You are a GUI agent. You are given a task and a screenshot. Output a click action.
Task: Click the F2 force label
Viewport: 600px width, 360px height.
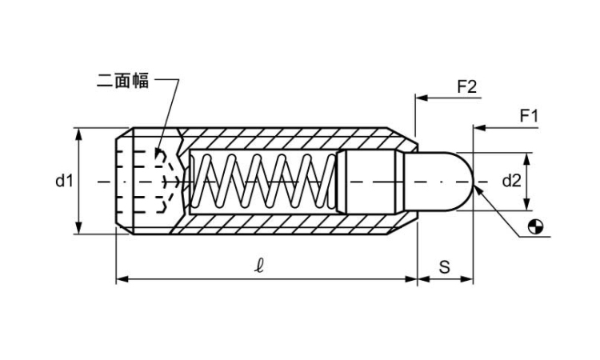466,86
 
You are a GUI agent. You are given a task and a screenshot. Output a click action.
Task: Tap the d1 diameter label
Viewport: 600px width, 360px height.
64,182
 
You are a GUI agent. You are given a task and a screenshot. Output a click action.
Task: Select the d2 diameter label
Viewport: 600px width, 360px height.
512,182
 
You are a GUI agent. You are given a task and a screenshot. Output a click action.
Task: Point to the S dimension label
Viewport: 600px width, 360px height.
444,267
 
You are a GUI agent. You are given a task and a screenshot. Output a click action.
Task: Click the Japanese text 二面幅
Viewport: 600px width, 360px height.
122,81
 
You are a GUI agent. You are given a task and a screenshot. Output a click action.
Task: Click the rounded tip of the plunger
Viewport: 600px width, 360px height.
464,182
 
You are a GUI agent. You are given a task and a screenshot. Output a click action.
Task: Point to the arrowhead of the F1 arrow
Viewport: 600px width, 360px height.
478,127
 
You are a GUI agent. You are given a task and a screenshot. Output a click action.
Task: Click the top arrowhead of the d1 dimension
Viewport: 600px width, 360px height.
79,133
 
